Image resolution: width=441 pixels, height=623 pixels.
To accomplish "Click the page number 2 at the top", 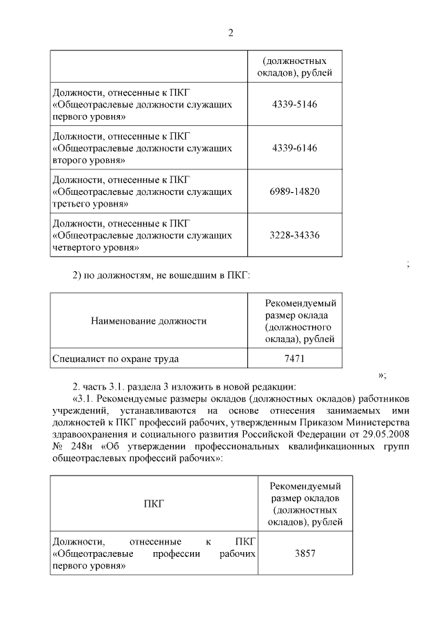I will (231, 32).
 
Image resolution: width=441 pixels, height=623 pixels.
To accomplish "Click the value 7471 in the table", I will (295, 359).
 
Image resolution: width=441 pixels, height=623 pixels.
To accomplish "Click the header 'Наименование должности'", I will (148, 321).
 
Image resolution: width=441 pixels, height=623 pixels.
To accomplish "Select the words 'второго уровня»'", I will (88, 160).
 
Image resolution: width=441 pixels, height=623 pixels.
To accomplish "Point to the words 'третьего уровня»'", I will (90, 204).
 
